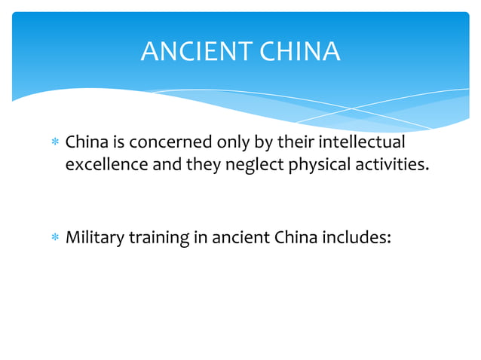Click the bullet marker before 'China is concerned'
pyautogui.click(x=54, y=142)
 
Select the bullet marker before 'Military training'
pyautogui.click(x=54, y=239)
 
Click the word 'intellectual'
pyautogui.click(x=362, y=142)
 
